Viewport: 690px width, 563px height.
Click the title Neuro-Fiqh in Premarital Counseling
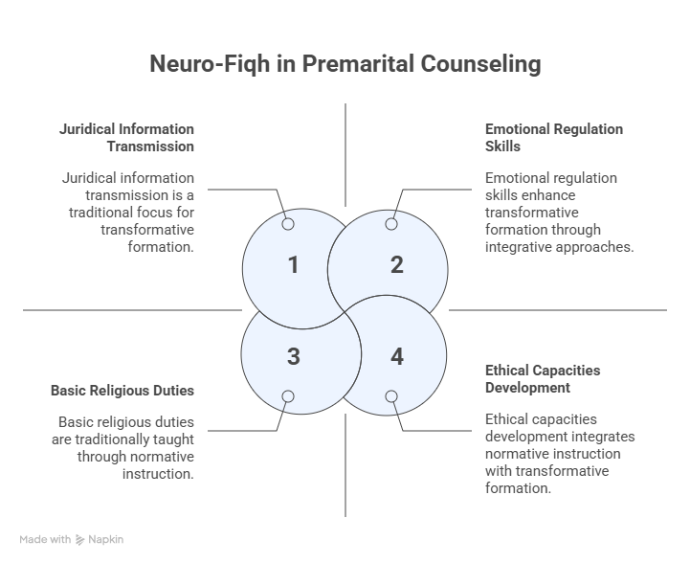coord(345,64)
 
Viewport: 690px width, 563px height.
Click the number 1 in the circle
coord(294,264)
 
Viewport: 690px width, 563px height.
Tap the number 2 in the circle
coord(396,264)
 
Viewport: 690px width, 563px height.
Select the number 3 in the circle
coord(294,356)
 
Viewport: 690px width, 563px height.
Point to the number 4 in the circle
coord(396,356)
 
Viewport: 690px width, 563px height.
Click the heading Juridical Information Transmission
coord(127,137)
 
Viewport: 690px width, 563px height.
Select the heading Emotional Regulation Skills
coord(540,137)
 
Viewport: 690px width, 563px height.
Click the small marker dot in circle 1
coord(288,224)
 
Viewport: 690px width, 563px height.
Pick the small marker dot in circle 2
coord(390,224)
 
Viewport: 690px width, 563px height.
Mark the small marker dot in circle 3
coord(288,396)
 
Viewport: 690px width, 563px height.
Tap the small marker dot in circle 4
coord(390,396)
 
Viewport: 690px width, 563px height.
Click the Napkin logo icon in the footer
coord(80,540)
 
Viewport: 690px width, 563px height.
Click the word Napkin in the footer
coord(105,540)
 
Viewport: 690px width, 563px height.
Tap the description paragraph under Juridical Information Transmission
coord(127,213)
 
